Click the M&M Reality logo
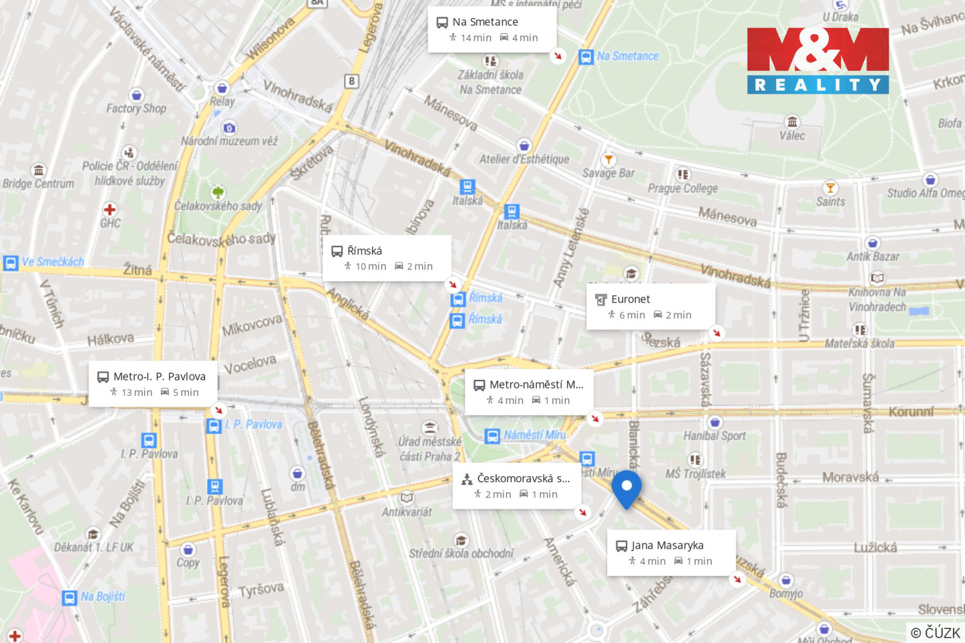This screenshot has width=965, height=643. click(x=818, y=60)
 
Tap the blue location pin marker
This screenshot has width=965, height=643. click(x=627, y=488)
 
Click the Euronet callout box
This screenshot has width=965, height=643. click(x=651, y=306)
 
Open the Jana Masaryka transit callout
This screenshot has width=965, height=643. click(x=671, y=553)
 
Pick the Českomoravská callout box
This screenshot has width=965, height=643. click(x=516, y=486)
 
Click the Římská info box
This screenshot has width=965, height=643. click(x=387, y=258)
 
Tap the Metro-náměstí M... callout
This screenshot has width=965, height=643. click(x=529, y=392)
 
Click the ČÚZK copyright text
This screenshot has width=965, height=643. click(x=936, y=632)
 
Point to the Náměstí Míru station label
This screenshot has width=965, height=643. click(x=535, y=435)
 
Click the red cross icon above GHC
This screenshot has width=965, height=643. click(x=110, y=209)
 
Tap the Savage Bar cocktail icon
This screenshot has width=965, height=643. click(x=608, y=159)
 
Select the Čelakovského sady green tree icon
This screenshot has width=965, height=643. click(x=218, y=193)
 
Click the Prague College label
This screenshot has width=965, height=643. click(x=682, y=188)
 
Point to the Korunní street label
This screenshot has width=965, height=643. click(x=911, y=411)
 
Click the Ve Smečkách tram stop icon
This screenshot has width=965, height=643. click(x=11, y=263)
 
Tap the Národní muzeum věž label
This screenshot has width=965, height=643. click(x=229, y=141)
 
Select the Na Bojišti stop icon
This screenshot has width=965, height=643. click(x=70, y=597)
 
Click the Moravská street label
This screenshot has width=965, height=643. click(x=850, y=477)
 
